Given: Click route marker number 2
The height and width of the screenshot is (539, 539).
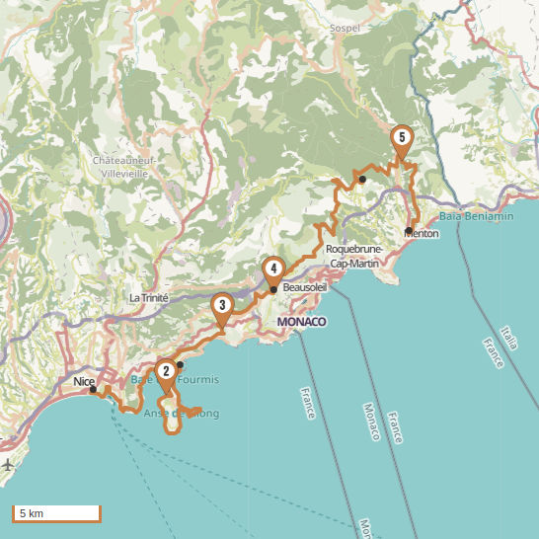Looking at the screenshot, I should [166, 372].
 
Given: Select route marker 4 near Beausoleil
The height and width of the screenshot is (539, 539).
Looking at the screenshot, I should [273, 269].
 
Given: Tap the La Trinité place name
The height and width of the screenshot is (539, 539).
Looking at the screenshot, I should [149, 297].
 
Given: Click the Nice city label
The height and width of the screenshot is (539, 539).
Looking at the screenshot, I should [83, 378].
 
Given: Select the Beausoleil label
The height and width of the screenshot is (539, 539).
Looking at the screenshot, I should [304, 287].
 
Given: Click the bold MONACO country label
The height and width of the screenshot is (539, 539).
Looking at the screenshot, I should [301, 322].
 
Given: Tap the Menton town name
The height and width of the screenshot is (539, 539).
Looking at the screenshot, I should [423, 234].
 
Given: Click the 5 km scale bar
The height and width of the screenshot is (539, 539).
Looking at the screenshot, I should [56, 513].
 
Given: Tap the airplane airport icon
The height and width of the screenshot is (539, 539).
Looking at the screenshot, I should [8, 464].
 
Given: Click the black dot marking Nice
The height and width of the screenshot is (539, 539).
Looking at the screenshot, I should [94, 389].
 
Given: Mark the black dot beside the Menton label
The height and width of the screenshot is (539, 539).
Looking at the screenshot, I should [408, 230].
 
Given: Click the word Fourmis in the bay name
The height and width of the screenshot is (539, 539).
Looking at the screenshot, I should [199, 380].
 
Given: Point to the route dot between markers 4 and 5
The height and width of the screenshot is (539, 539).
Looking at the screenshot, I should [362, 179].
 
